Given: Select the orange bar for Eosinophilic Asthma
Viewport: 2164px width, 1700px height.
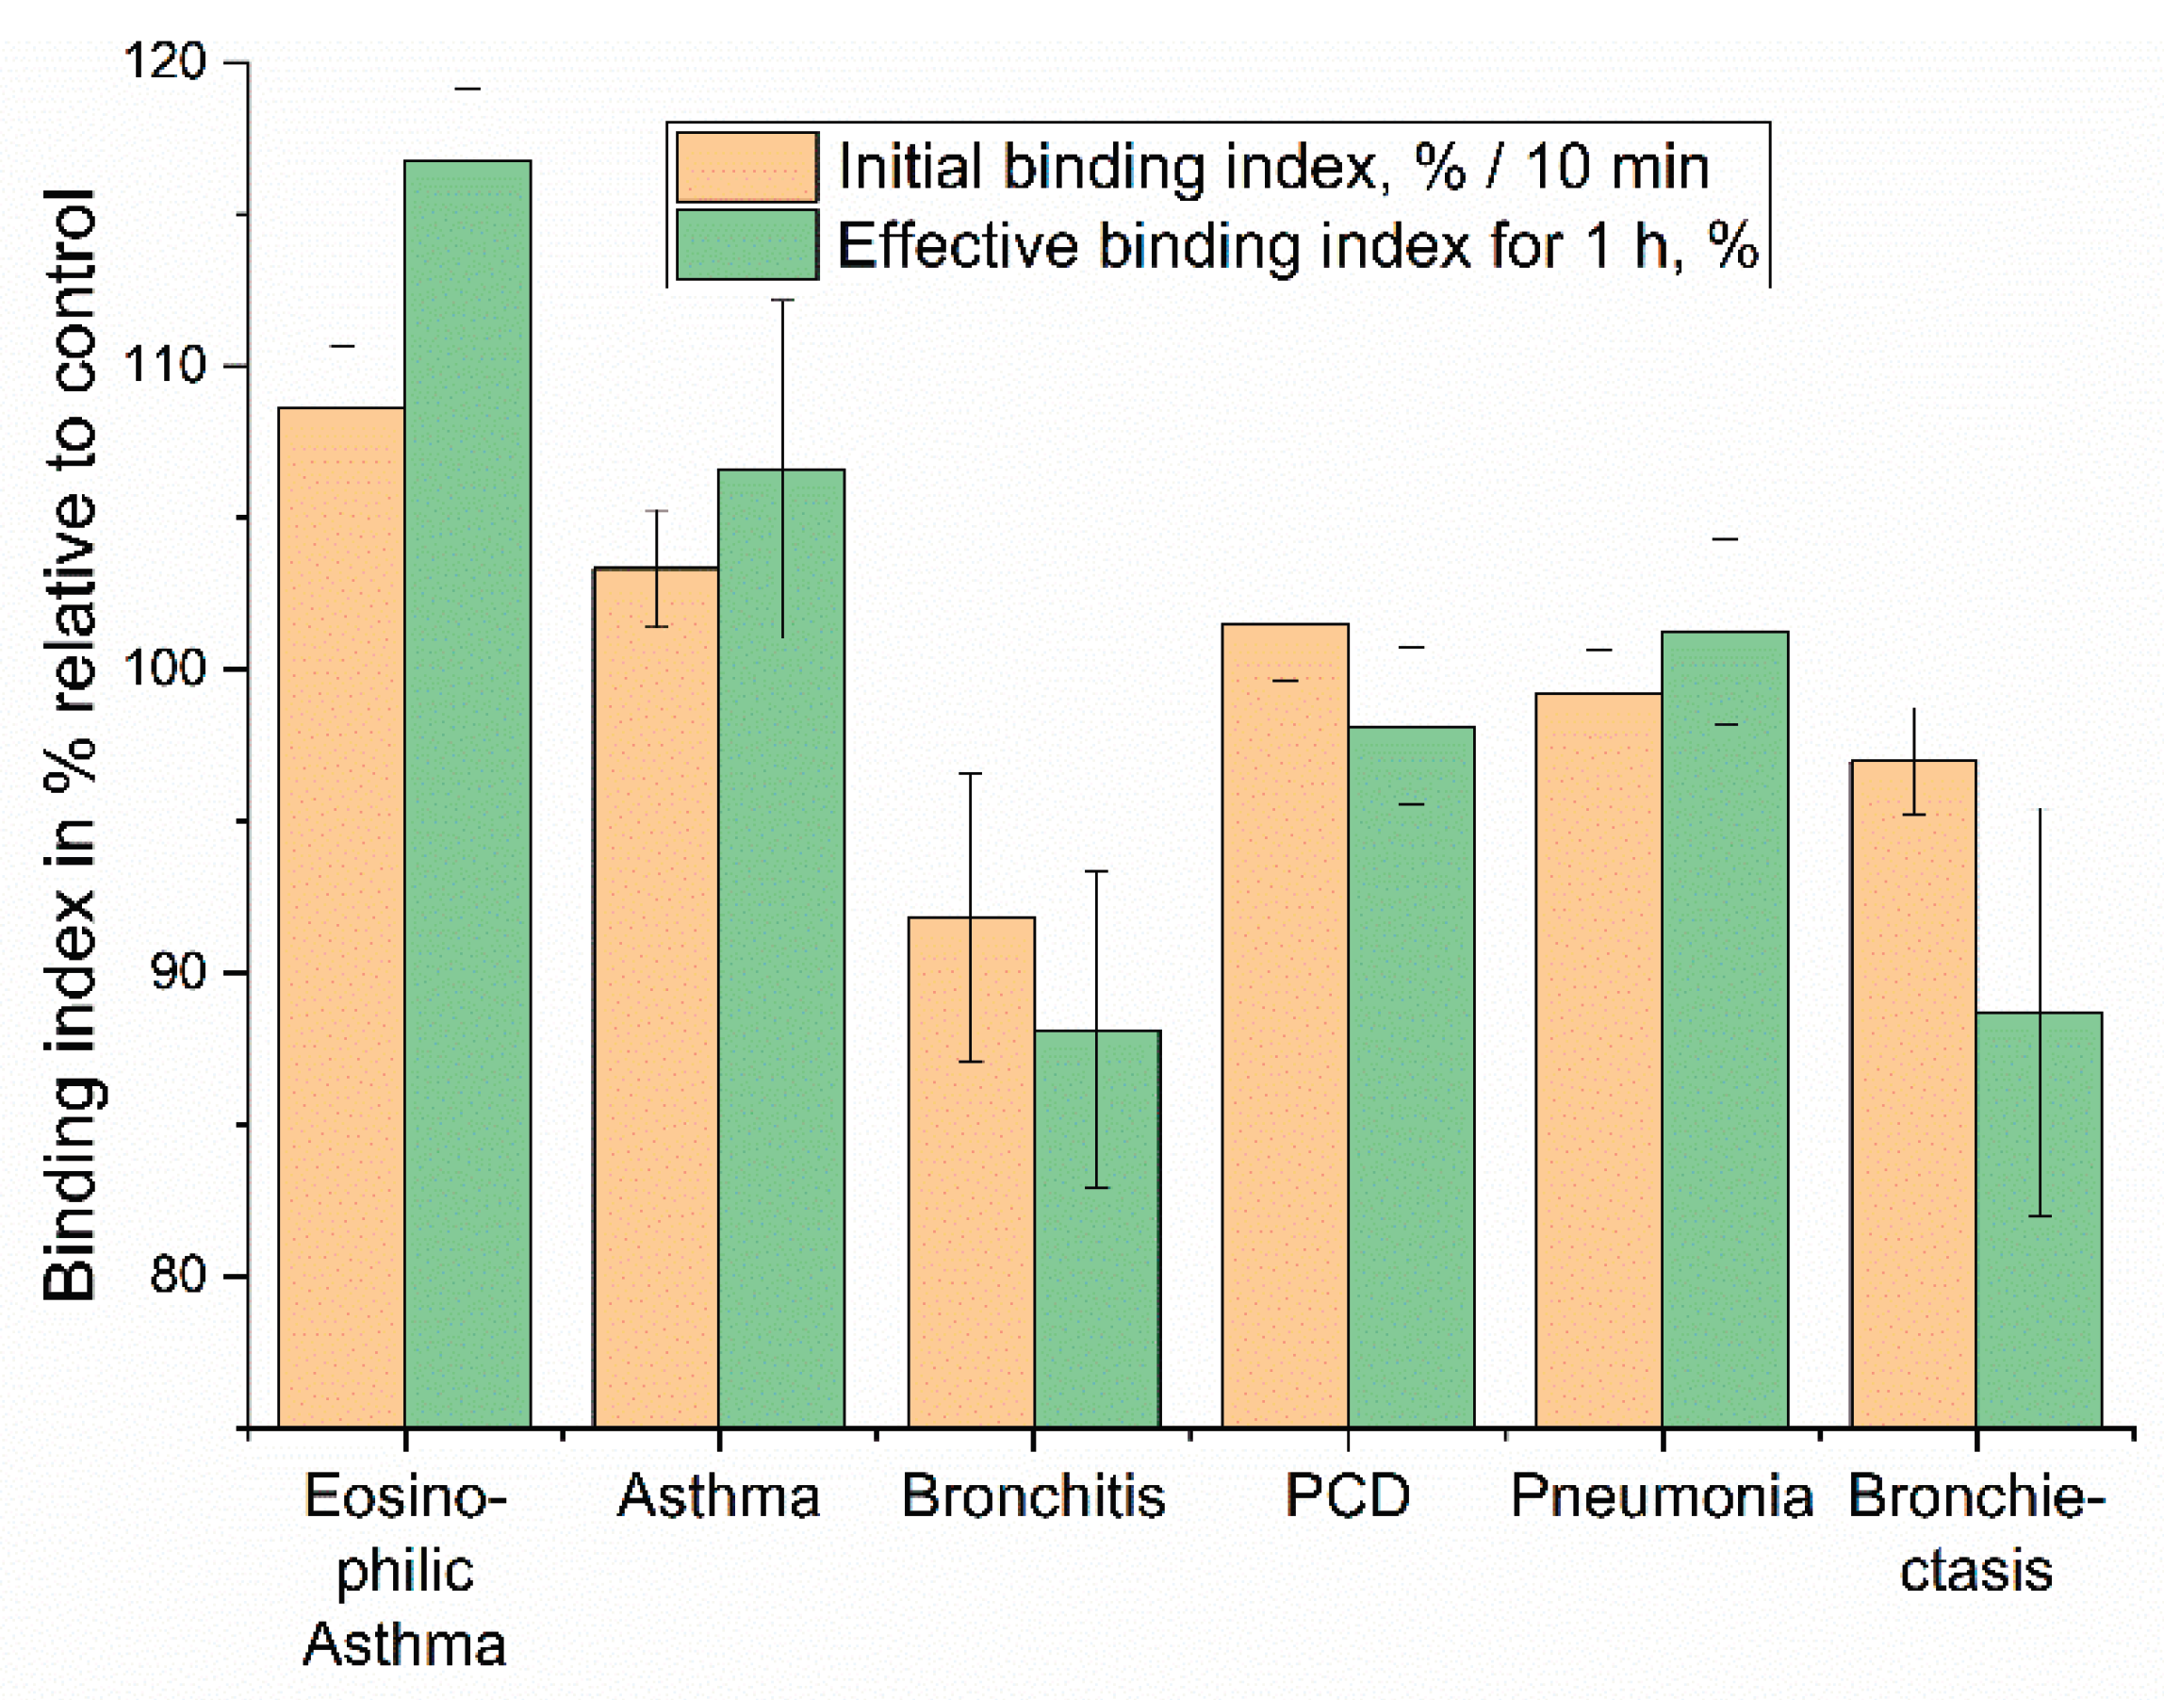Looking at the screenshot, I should pos(341,916).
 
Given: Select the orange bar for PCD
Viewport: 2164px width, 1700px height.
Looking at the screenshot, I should pos(1285,1025).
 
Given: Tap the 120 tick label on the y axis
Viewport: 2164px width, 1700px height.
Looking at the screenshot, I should pos(164,61).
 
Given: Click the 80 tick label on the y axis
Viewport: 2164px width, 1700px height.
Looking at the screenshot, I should pos(177,1275).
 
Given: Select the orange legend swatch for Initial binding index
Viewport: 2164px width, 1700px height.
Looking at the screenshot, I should pos(746,167).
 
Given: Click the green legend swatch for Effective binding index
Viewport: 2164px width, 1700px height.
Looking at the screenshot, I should pos(746,244).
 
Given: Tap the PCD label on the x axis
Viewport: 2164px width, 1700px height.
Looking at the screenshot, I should pos(1347,1496).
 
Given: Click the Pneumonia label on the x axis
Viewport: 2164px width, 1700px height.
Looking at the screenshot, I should pos(1662,1496).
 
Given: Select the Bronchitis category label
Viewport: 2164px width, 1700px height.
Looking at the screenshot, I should pos(1033,1496).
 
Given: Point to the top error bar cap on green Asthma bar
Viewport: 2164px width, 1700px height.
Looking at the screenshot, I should pos(782,300).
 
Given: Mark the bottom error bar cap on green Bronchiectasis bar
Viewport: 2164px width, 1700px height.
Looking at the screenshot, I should pos(2039,1216).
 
